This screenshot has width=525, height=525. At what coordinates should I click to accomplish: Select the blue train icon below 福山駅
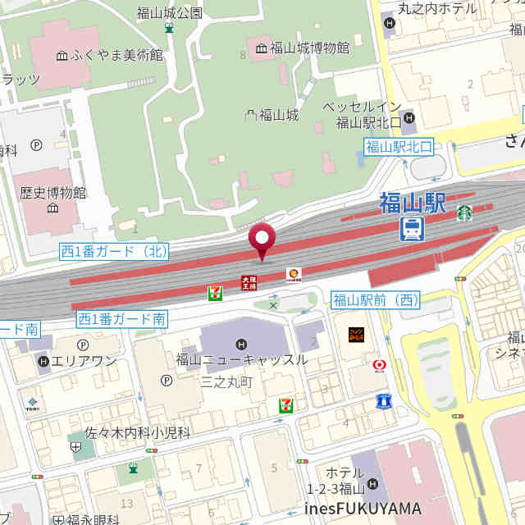click(x=412, y=229)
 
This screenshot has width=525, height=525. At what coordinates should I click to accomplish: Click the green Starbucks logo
click(x=464, y=212)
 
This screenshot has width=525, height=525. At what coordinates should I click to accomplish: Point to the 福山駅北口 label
click(x=399, y=147)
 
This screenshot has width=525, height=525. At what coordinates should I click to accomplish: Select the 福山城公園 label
click(x=169, y=12)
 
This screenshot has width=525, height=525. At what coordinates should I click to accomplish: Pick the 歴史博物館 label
click(x=53, y=194)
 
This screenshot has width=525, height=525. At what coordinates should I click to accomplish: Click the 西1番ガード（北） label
click(x=113, y=252)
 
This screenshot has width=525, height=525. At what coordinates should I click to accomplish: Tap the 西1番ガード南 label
click(x=121, y=318)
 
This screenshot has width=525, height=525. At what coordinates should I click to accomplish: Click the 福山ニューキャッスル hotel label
click(x=241, y=359)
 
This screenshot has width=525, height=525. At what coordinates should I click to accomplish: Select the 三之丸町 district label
click(x=226, y=381)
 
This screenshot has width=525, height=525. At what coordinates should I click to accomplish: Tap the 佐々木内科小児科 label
click(x=138, y=431)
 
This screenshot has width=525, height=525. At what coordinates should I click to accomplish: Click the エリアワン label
click(x=84, y=361)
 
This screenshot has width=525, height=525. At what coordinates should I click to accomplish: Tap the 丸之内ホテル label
click(x=436, y=8)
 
